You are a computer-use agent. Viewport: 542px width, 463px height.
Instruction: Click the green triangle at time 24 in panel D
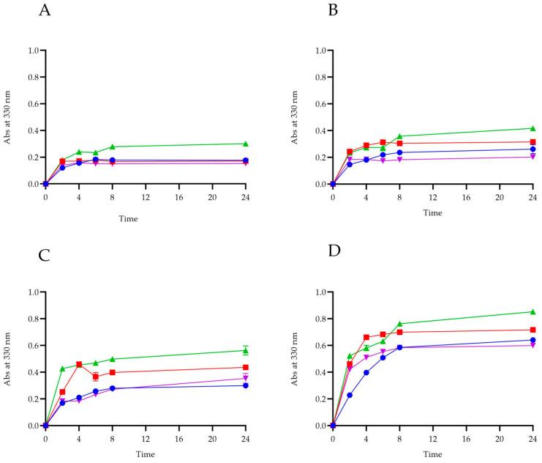532,312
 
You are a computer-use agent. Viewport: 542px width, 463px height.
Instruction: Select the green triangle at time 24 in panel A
246,144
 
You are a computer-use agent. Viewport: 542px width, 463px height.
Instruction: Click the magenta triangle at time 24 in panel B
532,157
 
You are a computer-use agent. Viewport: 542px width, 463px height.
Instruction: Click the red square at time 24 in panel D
532,330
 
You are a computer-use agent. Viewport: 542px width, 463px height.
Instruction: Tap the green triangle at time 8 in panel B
399,136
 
